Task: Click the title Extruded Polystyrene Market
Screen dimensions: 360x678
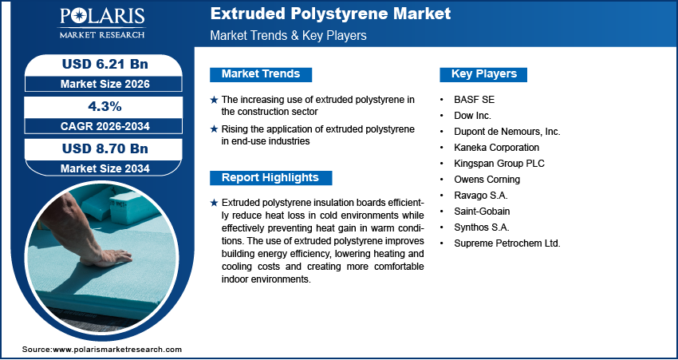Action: [330, 14]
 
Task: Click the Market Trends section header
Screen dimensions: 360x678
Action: [261, 74]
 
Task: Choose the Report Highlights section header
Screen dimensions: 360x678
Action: [270, 177]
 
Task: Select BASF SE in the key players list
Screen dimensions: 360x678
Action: [474, 100]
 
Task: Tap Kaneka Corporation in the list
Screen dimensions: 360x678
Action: [496, 148]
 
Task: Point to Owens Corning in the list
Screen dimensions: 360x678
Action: [486, 180]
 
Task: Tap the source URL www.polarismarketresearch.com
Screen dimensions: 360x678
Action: [117, 350]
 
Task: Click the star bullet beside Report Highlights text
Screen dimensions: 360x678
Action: [214, 204]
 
